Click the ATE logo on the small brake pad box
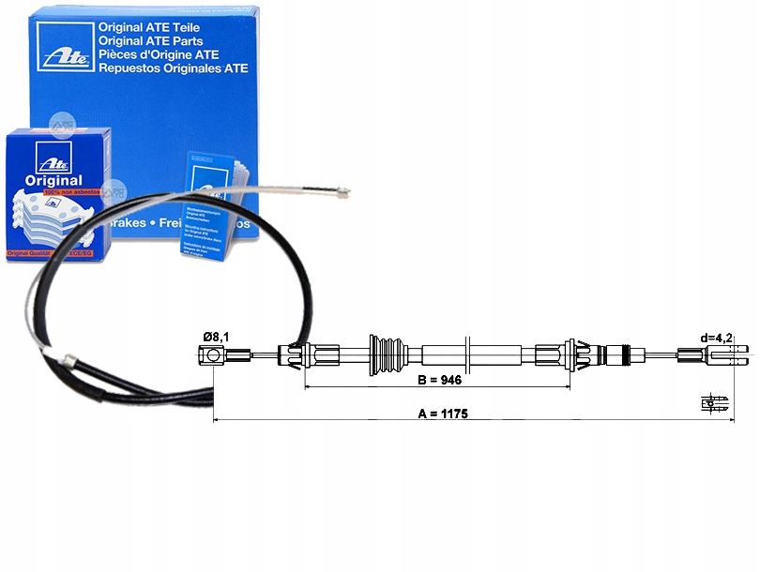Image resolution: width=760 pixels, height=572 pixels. click(x=45, y=155)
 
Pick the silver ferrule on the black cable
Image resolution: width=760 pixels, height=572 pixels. click(x=68, y=359)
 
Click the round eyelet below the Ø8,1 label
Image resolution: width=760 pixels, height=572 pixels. click(x=214, y=354)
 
